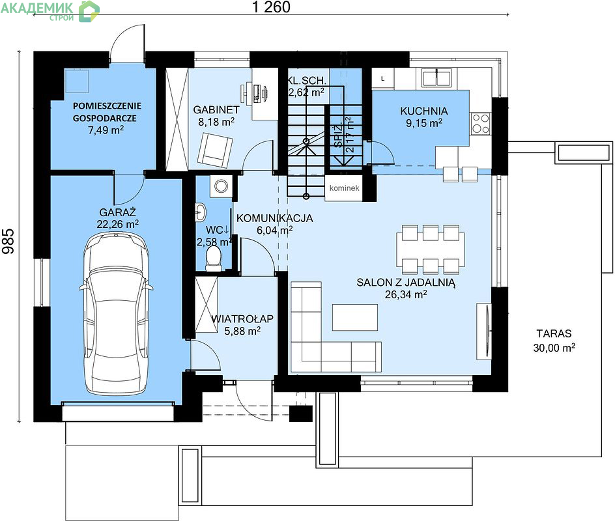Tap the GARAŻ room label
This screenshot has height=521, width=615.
pyautogui.click(x=117, y=212)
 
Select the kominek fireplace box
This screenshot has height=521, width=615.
pyautogui.click(x=344, y=188)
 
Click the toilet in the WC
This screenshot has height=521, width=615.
pyautogui.click(x=214, y=259)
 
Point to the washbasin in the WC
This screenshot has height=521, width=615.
pyautogui.click(x=201, y=212)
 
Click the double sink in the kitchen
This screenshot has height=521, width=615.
pyautogui.click(x=436, y=77)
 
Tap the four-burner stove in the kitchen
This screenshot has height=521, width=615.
pyautogui.click(x=481, y=123)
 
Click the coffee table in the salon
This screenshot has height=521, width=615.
pyautogui.click(x=355, y=317)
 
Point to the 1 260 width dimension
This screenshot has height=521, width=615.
pyautogui.click(x=271, y=7)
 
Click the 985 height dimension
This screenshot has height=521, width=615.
pyautogui.click(x=8, y=241)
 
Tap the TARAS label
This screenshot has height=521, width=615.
pyautogui.click(x=554, y=333)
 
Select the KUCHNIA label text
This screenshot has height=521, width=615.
pyautogui.click(x=424, y=111)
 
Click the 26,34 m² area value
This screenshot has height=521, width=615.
pyautogui.click(x=406, y=294)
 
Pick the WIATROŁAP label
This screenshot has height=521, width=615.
pyautogui.click(x=242, y=318)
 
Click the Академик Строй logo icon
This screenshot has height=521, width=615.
pyautogui.click(x=89, y=11)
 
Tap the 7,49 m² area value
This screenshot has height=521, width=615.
pyautogui.click(x=106, y=130)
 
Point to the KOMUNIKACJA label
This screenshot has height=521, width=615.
pyautogui.click(x=274, y=218)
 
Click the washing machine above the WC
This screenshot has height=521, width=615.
pyautogui.click(x=222, y=186)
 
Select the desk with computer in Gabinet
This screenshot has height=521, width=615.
pyautogui.click(x=259, y=94)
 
